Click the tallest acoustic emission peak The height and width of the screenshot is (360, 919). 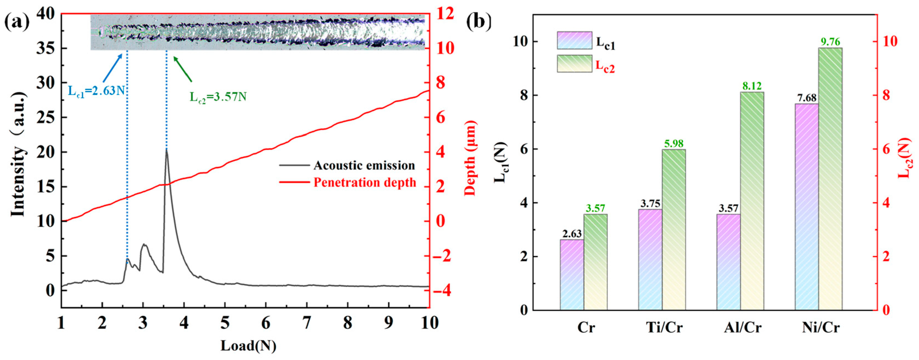point(166,151)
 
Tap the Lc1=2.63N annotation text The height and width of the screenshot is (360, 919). point(96,91)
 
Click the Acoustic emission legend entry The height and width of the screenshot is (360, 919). point(364,166)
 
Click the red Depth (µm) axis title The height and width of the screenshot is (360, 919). point(471,158)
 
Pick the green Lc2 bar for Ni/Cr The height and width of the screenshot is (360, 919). point(830,178)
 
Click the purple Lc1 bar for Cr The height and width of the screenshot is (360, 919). point(572,275)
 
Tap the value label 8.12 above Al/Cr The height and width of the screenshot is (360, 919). point(752,86)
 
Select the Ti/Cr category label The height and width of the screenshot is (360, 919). point(664,327)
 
